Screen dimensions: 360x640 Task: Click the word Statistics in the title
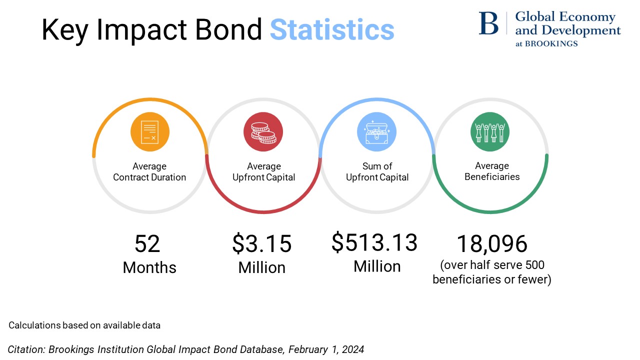coord(332,30)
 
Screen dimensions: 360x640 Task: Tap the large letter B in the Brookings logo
coord(488,23)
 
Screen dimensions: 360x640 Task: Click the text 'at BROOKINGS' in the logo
coord(546,43)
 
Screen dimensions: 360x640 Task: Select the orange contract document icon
coord(149,132)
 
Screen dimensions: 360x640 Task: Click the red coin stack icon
coord(263,132)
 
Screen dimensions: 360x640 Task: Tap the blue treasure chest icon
coord(376,132)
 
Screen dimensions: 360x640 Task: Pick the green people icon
coord(490,132)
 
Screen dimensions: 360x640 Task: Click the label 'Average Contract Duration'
coord(149,171)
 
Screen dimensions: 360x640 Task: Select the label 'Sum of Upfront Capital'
coord(377,171)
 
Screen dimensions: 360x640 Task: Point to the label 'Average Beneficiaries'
coord(492,171)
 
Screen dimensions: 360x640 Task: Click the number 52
coord(147,244)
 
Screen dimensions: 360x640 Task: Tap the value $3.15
coord(262,243)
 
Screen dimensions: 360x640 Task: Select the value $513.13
coord(374,242)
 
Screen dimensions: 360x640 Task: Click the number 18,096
coord(492,244)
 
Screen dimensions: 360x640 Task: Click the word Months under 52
coord(149,267)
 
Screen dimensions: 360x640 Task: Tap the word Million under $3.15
coord(262,267)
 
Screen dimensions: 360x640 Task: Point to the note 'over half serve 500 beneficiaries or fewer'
coord(492,272)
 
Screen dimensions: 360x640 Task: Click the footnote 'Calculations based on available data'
coord(84,325)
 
